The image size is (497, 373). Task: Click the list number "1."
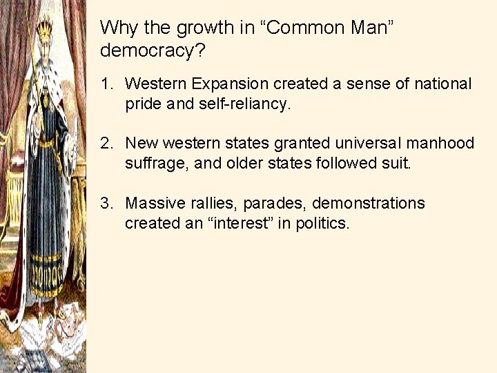[x=106, y=84]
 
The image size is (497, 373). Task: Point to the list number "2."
[x=106, y=144]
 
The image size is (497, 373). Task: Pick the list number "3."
[x=106, y=204]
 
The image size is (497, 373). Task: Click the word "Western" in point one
[x=157, y=84]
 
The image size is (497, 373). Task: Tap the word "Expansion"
[x=231, y=84]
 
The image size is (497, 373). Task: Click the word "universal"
[x=373, y=144]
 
